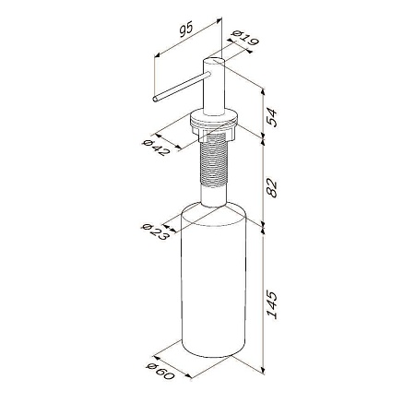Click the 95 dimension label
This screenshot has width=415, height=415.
186,30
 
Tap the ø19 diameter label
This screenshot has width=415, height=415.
245,38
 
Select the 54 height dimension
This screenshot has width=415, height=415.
271,117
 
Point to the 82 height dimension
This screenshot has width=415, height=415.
271,187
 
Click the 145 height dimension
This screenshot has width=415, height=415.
272,304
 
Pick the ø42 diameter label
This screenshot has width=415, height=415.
156,148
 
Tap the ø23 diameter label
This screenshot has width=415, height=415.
156,231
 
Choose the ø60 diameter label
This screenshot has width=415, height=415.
160,371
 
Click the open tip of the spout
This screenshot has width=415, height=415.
156,99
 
